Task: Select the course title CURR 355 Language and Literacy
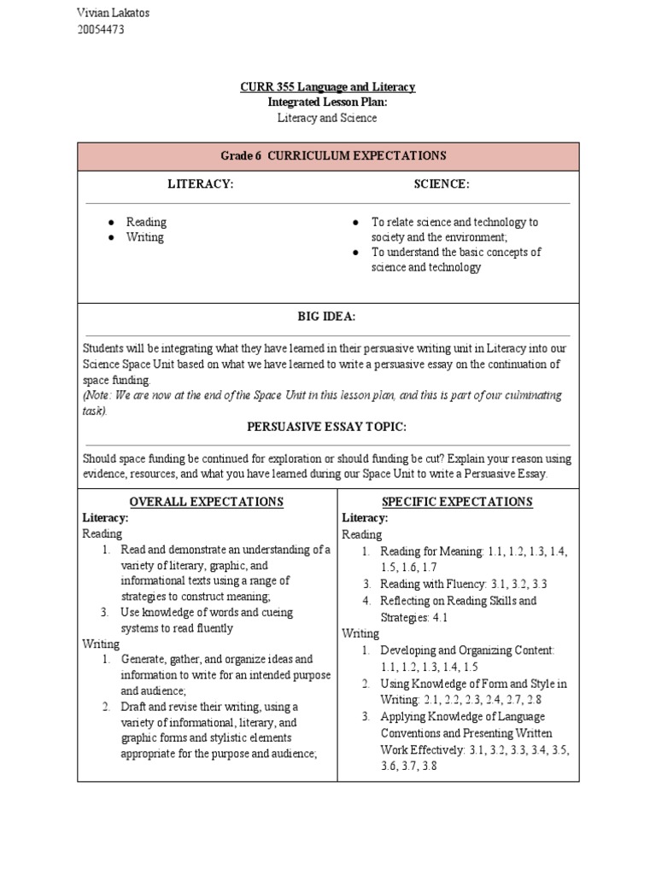(x=328, y=86)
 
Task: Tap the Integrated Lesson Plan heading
(x=328, y=102)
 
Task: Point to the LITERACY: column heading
(x=201, y=184)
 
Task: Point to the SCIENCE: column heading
(x=442, y=184)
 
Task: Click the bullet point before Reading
(x=111, y=222)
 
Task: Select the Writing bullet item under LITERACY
(x=144, y=237)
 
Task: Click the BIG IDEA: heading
(x=326, y=317)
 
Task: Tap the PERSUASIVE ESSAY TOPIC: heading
(x=326, y=426)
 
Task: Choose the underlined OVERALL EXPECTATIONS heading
(x=206, y=502)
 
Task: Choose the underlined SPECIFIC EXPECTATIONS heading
(x=459, y=502)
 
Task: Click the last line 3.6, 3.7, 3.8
(x=408, y=766)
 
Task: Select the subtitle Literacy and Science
(x=328, y=118)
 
